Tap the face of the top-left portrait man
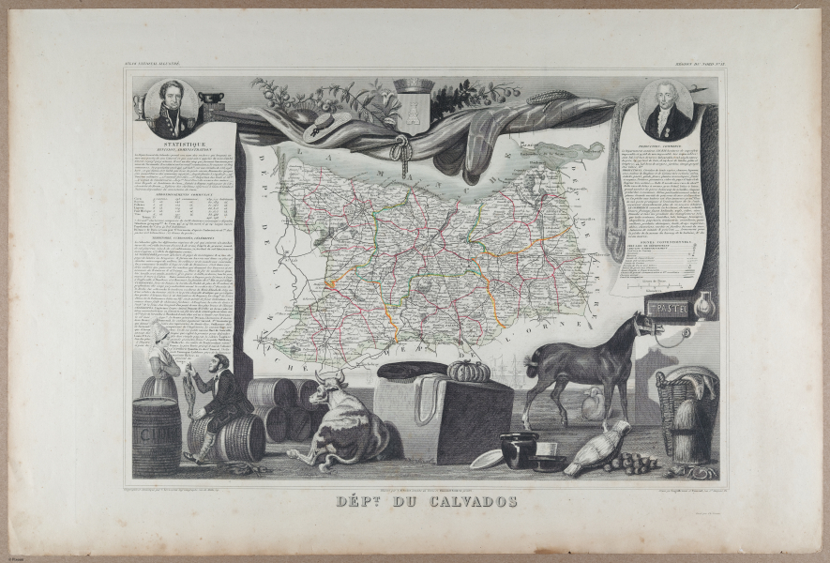(170, 98)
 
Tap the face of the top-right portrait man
(668, 99)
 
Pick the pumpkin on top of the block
(468, 371)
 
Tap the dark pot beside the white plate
(519, 449)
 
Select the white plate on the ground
(486, 459)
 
